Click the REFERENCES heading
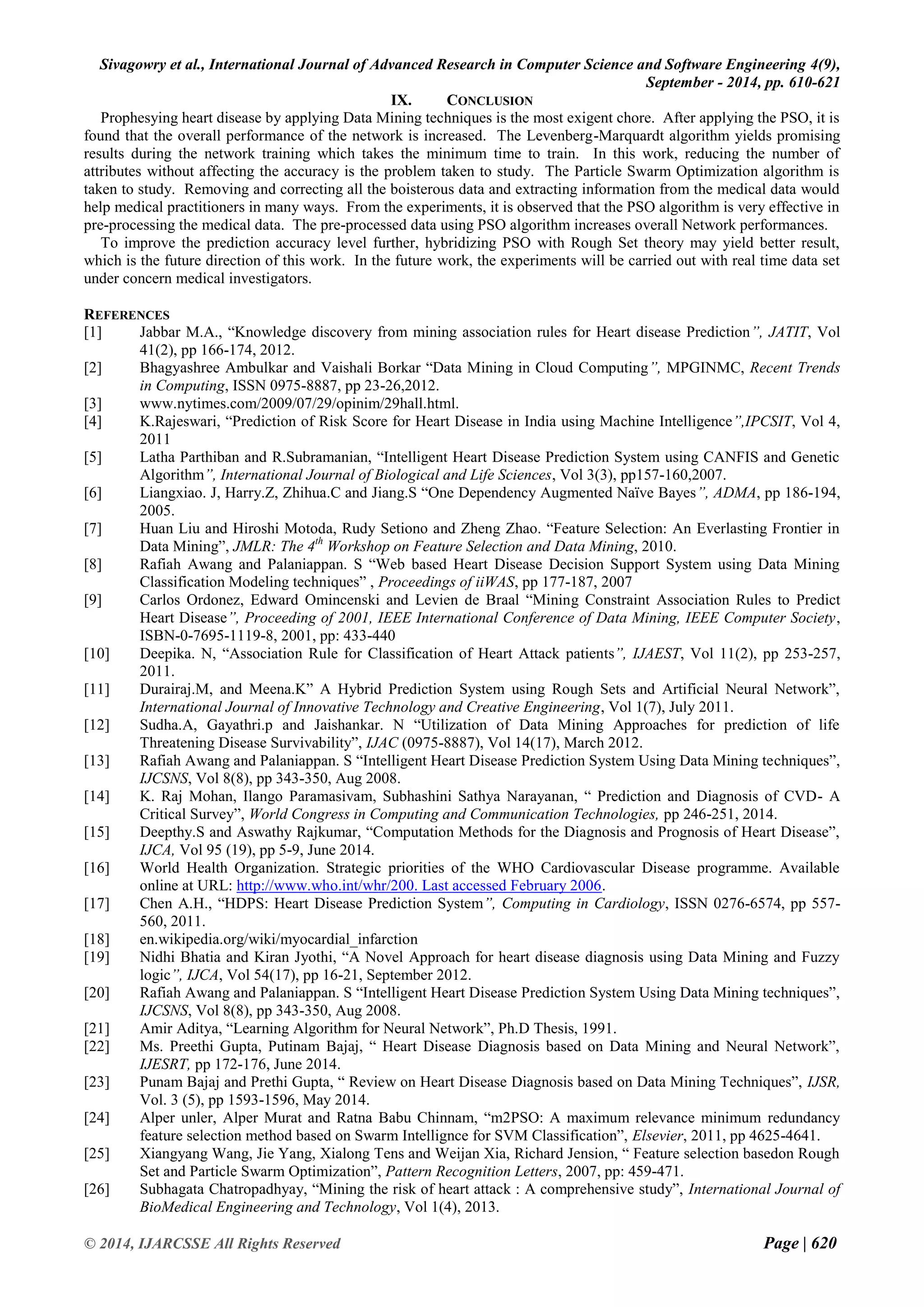(126, 315)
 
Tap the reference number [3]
(93, 403)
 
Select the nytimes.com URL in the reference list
(299, 403)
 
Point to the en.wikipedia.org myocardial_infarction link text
(278, 939)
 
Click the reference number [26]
(96, 1189)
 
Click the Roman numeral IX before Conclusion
(401, 101)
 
